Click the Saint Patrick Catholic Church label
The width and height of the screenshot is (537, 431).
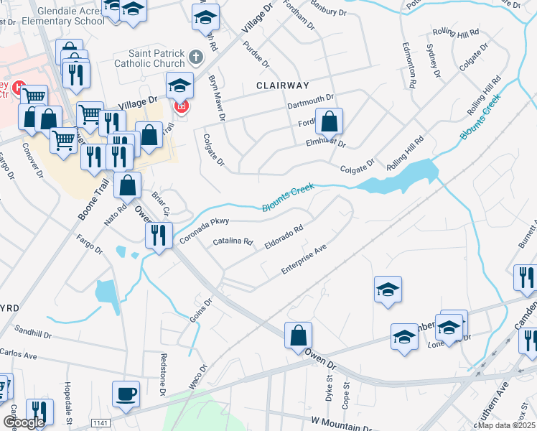pyautogui.click(x=157, y=58)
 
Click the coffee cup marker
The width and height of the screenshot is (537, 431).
pyautogui.click(x=126, y=394)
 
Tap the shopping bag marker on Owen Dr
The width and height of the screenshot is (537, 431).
pyautogui.click(x=298, y=335)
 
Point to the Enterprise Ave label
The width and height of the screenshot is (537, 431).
pyautogui.click(x=304, y=259)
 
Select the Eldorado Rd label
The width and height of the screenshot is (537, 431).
pyautogui.click(x=283, y=237)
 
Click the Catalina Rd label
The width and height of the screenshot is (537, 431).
pyautogui.click(x=234, y=243)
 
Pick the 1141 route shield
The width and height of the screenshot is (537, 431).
pyautogui.click(x=101, y=424)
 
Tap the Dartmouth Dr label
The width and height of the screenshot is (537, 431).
pyautogui.click(x=311, y=101)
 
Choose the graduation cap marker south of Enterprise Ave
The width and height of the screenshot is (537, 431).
pyautogui.click(x=388, y=289)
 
